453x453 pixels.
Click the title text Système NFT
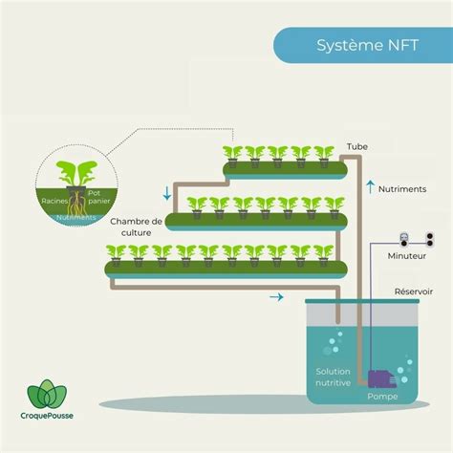(367, 45)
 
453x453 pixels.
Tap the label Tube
(357, 147)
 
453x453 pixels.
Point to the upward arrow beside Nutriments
(370, 187)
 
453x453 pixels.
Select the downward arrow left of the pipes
(167, 193)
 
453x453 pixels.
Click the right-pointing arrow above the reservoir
(276, 297)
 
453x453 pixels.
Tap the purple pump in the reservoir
(382, 378)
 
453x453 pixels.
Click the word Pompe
(382, 397)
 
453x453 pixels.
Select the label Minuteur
(406, 256)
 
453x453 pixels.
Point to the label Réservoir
(414, 291)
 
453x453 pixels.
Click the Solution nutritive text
(333, 377)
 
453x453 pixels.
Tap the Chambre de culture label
(136, 226)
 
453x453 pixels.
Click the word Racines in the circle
(54, 201)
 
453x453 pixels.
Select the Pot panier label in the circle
(98, 197)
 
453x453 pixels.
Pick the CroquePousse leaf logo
(47, 394)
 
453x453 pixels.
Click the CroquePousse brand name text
(47, 416)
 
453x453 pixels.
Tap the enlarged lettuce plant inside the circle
(76, 174)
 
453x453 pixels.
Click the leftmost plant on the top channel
(232, 157)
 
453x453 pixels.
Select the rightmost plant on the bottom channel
(323, 255)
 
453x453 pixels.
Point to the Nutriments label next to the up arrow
(402, 189)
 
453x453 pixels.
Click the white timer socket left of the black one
(404, 240)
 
